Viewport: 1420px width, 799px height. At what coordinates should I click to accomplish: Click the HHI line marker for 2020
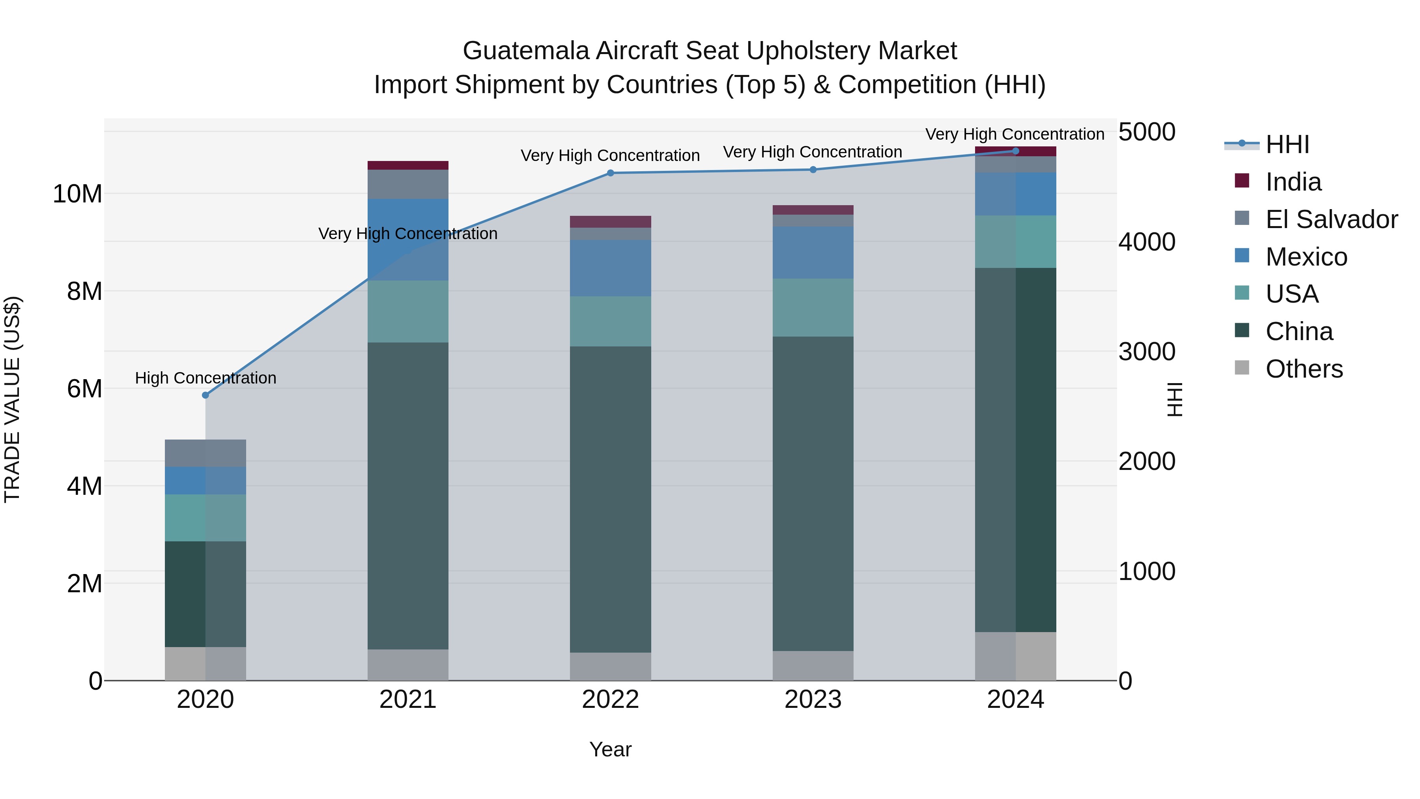click(206, 395)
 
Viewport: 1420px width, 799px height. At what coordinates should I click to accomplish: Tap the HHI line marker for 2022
click(610, 173)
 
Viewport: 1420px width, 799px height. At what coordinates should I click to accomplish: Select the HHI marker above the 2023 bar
click(813, 170)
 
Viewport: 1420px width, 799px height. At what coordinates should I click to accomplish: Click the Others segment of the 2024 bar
click(1015, 656)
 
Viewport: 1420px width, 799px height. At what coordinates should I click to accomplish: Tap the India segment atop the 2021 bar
click(408, 165)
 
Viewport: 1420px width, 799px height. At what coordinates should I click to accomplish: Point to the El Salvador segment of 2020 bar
click(206, 453)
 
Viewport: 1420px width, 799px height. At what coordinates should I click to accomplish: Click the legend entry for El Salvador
click(1331, 219)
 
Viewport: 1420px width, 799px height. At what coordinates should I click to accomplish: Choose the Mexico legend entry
click(1306, 257)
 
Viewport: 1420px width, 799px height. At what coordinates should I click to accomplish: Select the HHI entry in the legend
click(1287, 144)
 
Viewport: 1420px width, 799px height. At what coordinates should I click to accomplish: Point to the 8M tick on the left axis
click(84, 291)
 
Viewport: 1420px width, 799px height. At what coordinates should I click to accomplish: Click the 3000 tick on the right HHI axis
click(1147, 352)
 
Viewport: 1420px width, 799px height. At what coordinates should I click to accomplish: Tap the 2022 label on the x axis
click(610, 700)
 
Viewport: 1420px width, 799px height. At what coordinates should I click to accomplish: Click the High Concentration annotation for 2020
click(206, 378)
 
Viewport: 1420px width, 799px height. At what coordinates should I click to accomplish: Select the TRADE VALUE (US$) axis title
click(12, 399)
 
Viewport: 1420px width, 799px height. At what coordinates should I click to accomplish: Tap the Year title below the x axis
click(610, 749)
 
